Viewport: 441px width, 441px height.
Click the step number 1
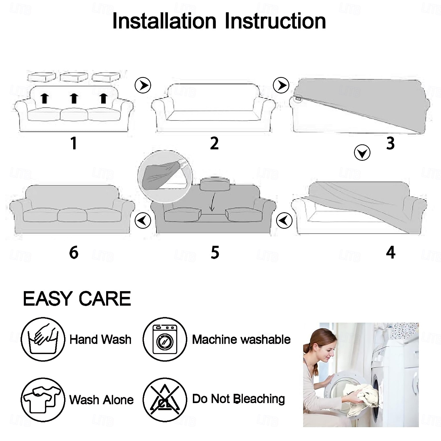[x=74, y=143]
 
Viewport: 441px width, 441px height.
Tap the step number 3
[x=390, y=143]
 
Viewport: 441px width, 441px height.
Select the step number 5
[x=215, y=253]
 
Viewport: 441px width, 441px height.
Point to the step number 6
[x=74, y=253]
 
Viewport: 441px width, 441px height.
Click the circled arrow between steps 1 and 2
[x=143, y=85]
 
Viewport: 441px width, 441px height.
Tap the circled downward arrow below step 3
[x=362, y=153]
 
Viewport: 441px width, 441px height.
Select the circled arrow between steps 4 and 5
[x=284, y=220]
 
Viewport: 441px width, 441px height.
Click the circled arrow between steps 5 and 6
[x=143, y=220]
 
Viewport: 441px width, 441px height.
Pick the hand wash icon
[x=43, y=339]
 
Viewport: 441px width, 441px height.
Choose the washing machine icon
[x=165, y=339]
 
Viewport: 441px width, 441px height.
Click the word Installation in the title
[x=164, y=21]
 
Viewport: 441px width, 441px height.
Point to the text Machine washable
[x=241, y=340]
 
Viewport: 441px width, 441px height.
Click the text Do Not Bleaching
[x=238, y=399]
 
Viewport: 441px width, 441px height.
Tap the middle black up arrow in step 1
[x=74, y=98]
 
